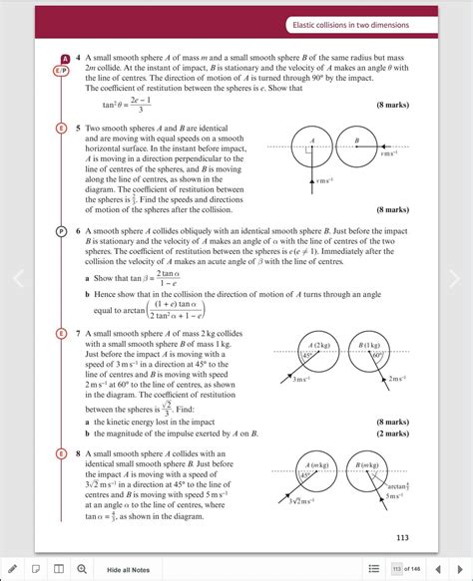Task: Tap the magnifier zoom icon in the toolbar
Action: click(81, 569)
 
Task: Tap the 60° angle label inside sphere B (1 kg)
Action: click(376, 356)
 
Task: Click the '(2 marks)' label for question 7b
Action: click(391, 434)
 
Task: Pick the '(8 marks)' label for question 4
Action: click(391, 105)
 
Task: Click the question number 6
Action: click(75, 228)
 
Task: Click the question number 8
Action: click(75, 453)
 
